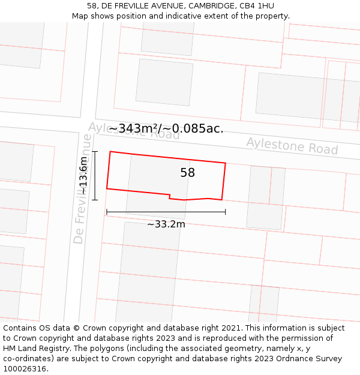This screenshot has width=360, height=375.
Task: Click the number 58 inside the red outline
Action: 188,173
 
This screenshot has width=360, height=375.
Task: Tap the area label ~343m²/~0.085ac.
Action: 166,128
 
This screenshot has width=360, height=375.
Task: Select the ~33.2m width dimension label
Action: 166,224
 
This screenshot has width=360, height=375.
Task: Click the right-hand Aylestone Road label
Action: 292,145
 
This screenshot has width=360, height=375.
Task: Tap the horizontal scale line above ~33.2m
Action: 166,212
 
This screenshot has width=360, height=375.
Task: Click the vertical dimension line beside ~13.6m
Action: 95,176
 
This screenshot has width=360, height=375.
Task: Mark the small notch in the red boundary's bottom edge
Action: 170,196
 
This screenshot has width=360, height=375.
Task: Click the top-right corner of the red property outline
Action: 226,163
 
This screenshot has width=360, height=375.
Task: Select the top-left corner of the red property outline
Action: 110,152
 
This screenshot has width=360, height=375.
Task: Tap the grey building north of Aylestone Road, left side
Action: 164,82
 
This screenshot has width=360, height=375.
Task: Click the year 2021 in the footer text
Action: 231,328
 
